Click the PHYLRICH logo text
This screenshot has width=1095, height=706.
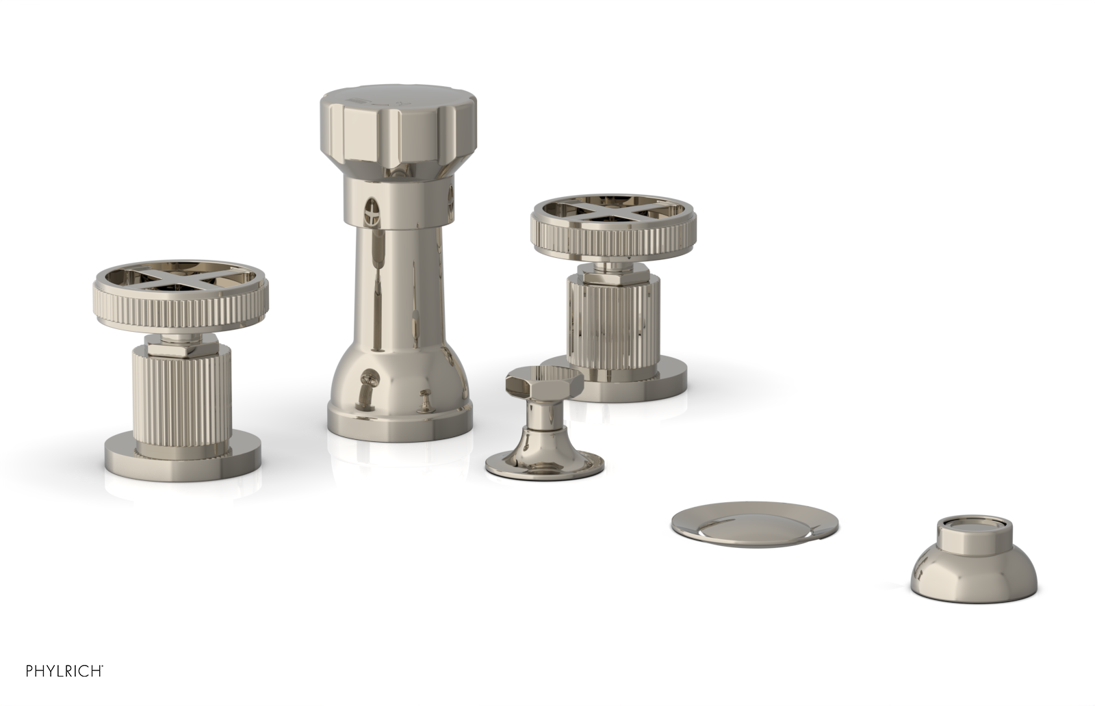click(64, 671)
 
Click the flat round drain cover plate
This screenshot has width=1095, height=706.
click(753, 525)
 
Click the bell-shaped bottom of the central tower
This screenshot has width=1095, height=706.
click(398, 390)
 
